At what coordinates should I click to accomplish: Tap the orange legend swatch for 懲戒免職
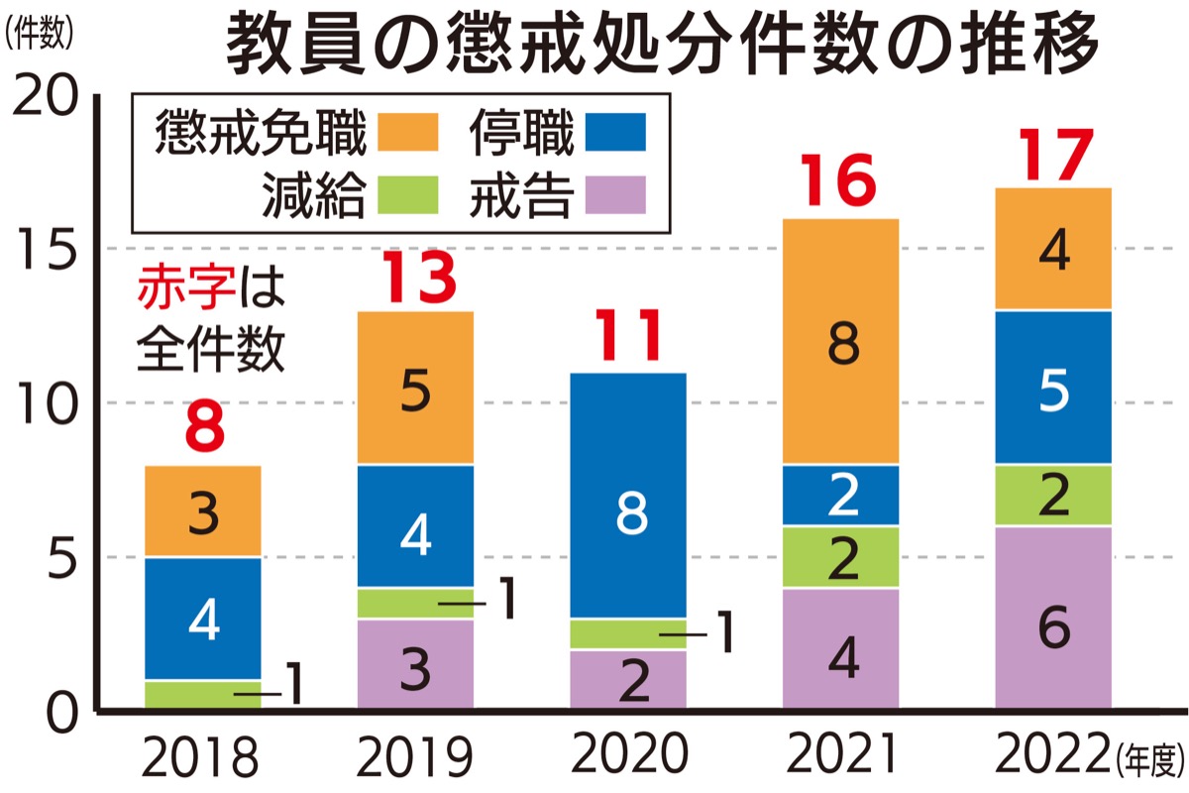tap(406, 132)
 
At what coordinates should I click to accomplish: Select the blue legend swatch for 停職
tap(615, 132)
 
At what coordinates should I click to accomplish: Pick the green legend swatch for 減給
tap(406, 194)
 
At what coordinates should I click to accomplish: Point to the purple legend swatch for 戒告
tap(615, 194)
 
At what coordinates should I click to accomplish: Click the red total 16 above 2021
tap(839, 179)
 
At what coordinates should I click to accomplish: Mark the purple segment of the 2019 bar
tap(416, 665)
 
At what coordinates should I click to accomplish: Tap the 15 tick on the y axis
tap(47, 248)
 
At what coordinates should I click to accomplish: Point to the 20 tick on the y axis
tap(47, 96)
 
